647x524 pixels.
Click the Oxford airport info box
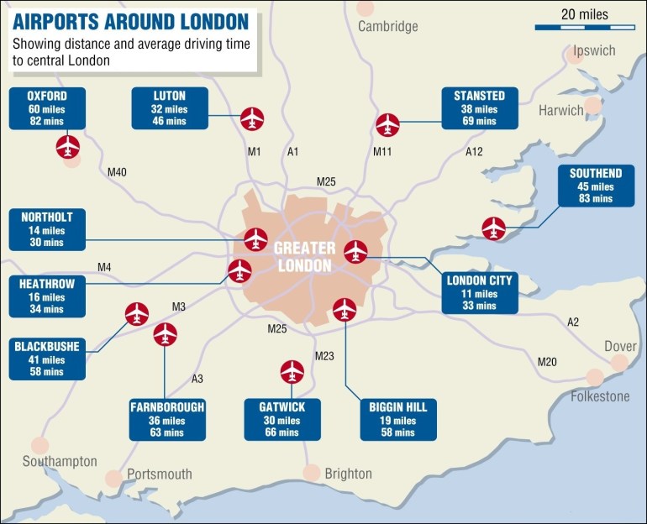coord(47,107)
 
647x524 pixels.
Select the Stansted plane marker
coord(387,124)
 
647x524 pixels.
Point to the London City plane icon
coord(356,250)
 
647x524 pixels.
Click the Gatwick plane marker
coord(292,370)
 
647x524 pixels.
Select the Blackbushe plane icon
coord(136,313)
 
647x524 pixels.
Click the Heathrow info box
coord(47,296)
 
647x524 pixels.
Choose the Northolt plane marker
coord(255,239)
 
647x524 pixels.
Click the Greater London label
coord(303,256)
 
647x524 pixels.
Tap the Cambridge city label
coord(387,26)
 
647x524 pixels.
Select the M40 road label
coord(117,172)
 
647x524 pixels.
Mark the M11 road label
coord(382,152)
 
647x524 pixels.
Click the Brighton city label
coord(348,474)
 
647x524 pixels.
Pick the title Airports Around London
coord(131,19)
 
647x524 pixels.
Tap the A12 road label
coord(475,152)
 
